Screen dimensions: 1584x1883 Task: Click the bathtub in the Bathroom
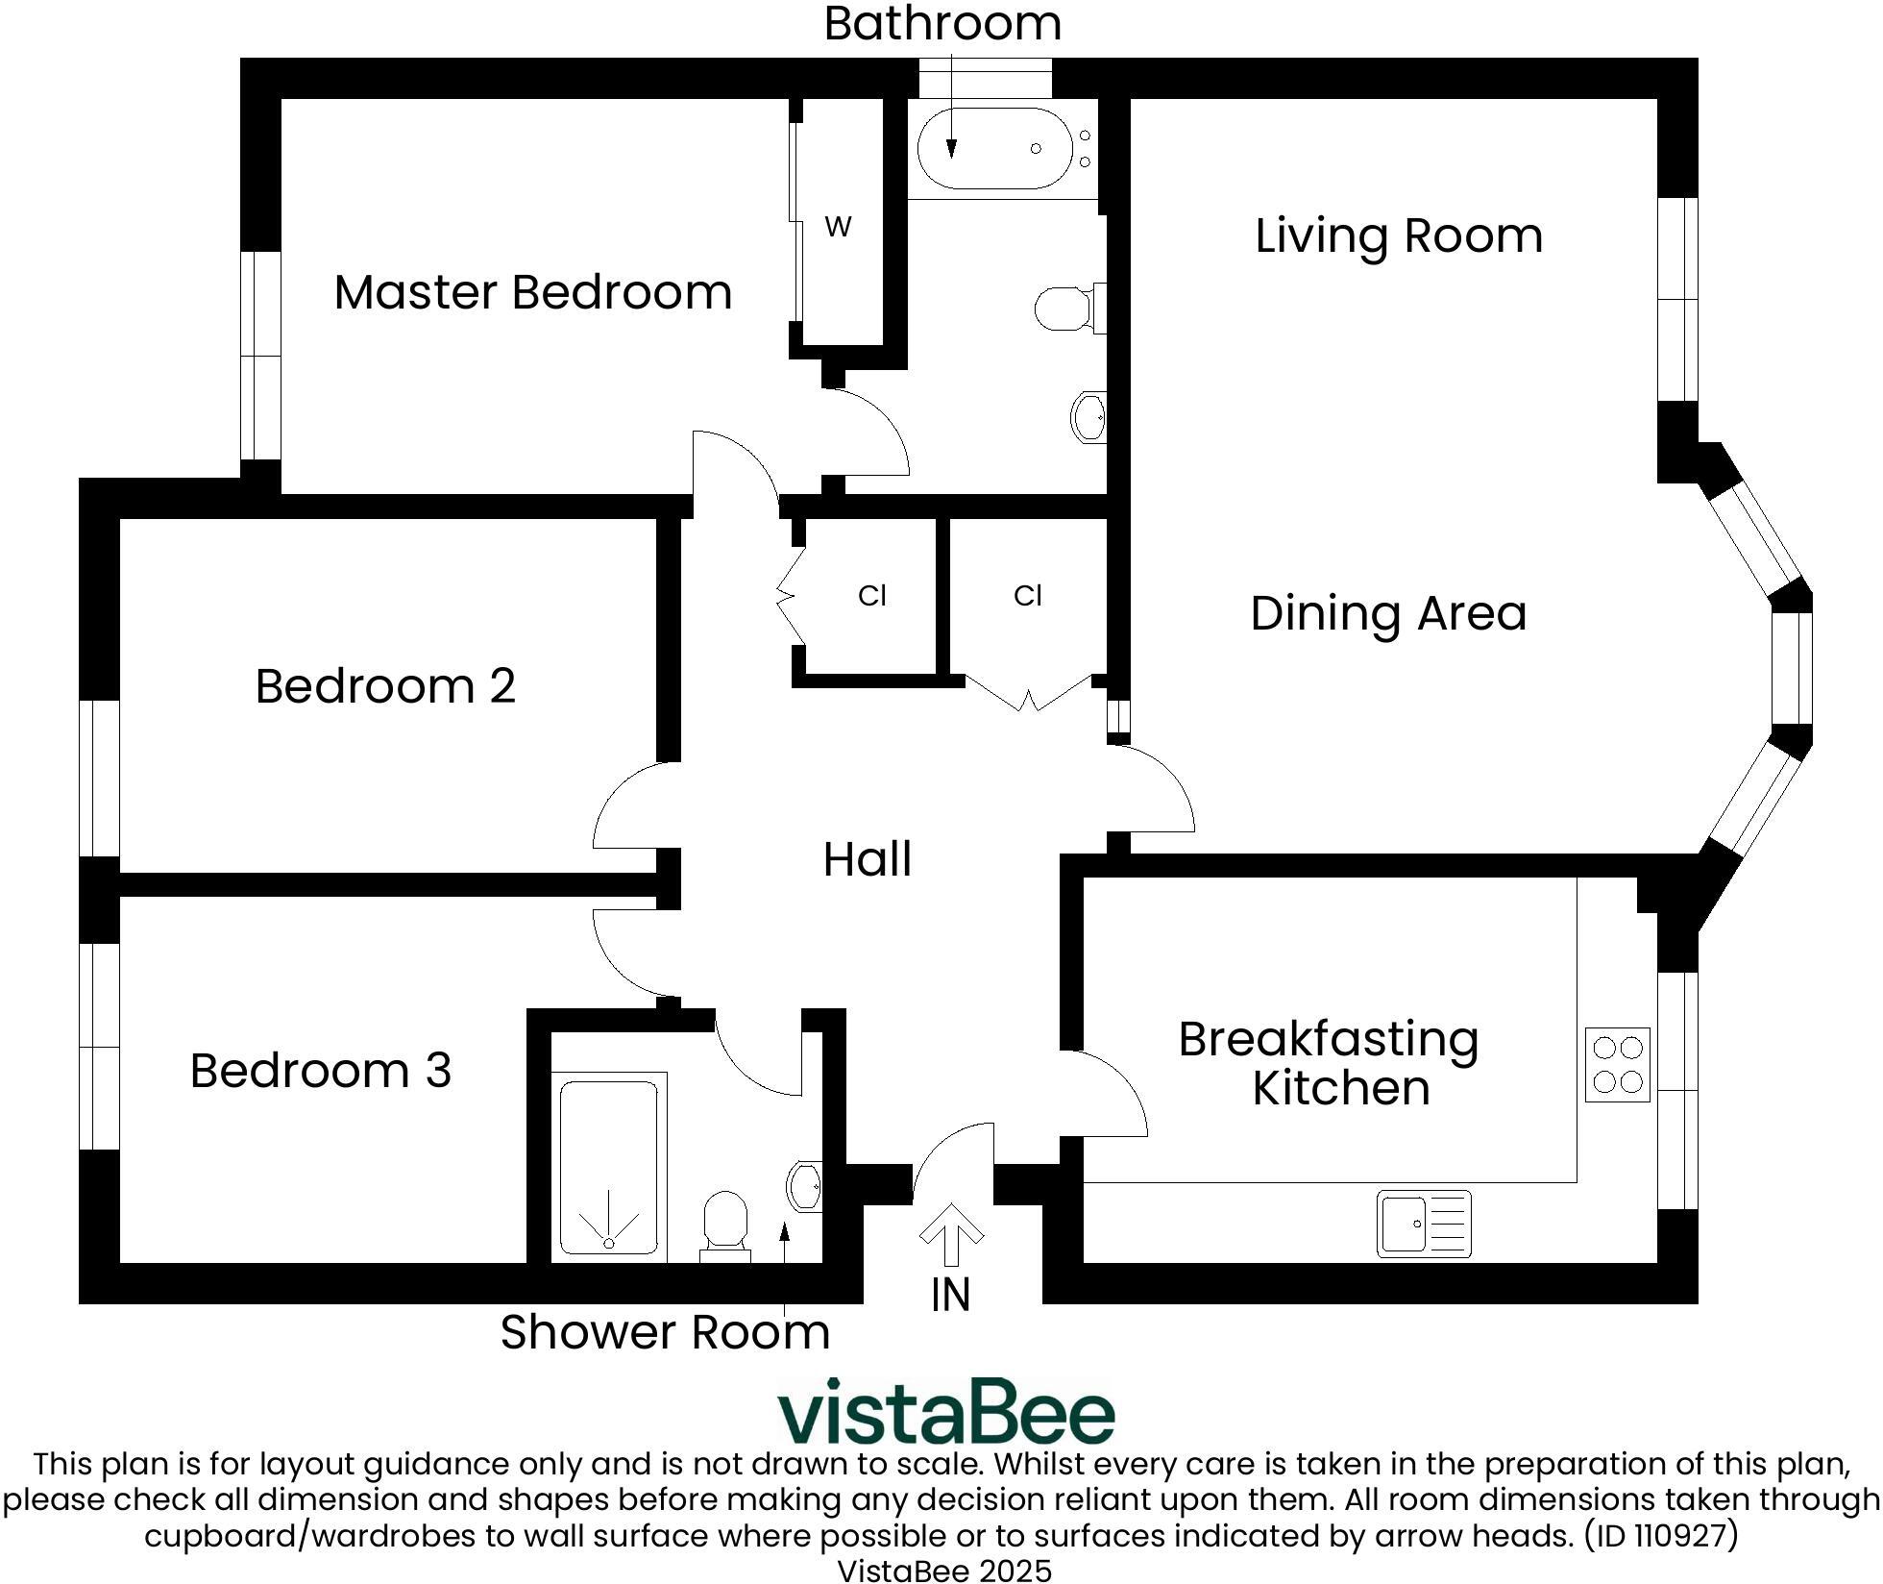994,149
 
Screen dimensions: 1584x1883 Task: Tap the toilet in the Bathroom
1066,309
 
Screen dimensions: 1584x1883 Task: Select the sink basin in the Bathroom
1089,416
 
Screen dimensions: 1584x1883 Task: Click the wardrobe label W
838,228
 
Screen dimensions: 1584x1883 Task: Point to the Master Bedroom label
532,292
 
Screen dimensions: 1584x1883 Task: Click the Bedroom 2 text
385,686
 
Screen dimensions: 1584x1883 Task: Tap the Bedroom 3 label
320,1071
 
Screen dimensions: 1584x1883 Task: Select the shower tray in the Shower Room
609,1167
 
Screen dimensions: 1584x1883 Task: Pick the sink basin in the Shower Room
805,1186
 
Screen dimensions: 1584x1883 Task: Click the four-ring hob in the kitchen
1618,1065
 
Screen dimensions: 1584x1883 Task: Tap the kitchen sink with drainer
1424,1224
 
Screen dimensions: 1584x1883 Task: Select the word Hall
867,859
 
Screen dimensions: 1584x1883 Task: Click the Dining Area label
1388,613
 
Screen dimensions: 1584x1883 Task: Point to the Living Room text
1399,235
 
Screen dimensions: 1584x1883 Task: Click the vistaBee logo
945,1413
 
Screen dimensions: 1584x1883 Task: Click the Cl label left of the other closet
871,596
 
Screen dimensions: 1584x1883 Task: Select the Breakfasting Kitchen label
1329,1063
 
